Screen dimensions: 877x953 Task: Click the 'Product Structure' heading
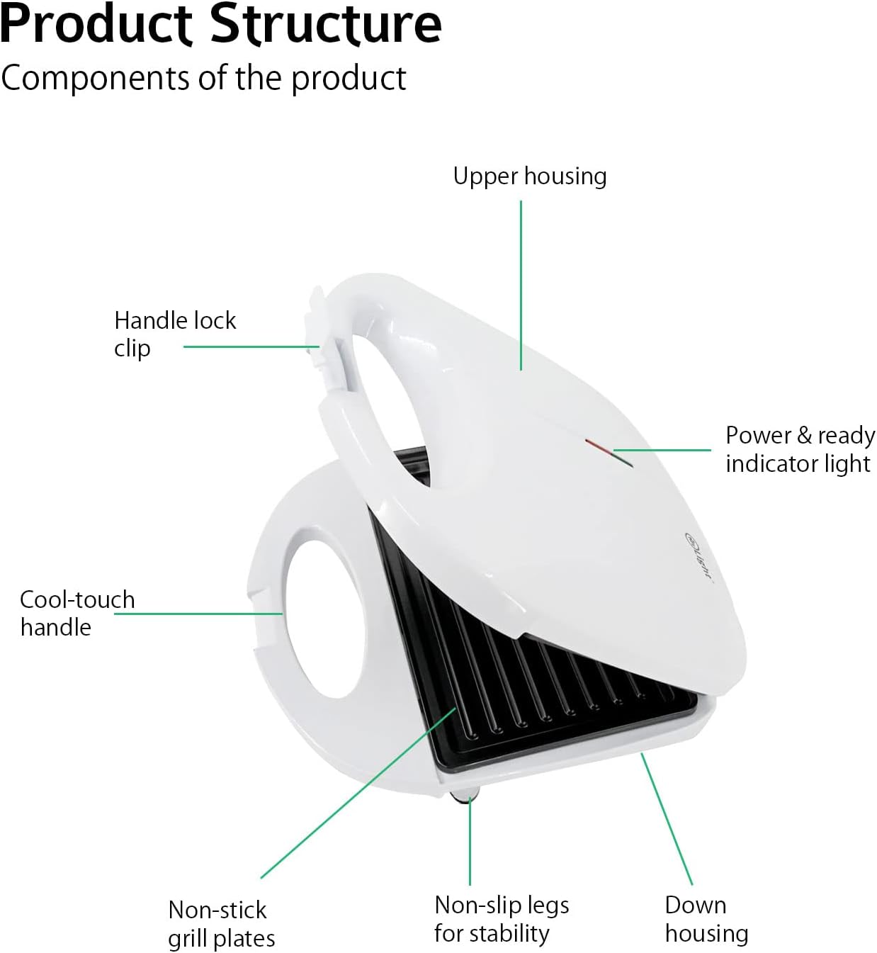point(221,24)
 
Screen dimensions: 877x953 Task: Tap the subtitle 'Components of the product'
point(203,78)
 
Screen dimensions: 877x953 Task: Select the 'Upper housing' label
point(530,176)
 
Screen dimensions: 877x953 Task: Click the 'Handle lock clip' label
point(175,334)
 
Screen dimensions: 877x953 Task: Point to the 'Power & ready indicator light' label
point(800,449)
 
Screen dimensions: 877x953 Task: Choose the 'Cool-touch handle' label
point(77,614)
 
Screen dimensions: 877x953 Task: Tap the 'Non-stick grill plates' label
point(222,925)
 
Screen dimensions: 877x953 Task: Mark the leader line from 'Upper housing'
point(521,285)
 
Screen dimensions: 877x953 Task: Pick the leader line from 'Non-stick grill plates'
point(358,792)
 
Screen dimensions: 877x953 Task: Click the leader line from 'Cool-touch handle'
point(198,614)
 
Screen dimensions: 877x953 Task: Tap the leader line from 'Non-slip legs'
point(470,841)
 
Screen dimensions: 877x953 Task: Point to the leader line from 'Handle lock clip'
point(251,346)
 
